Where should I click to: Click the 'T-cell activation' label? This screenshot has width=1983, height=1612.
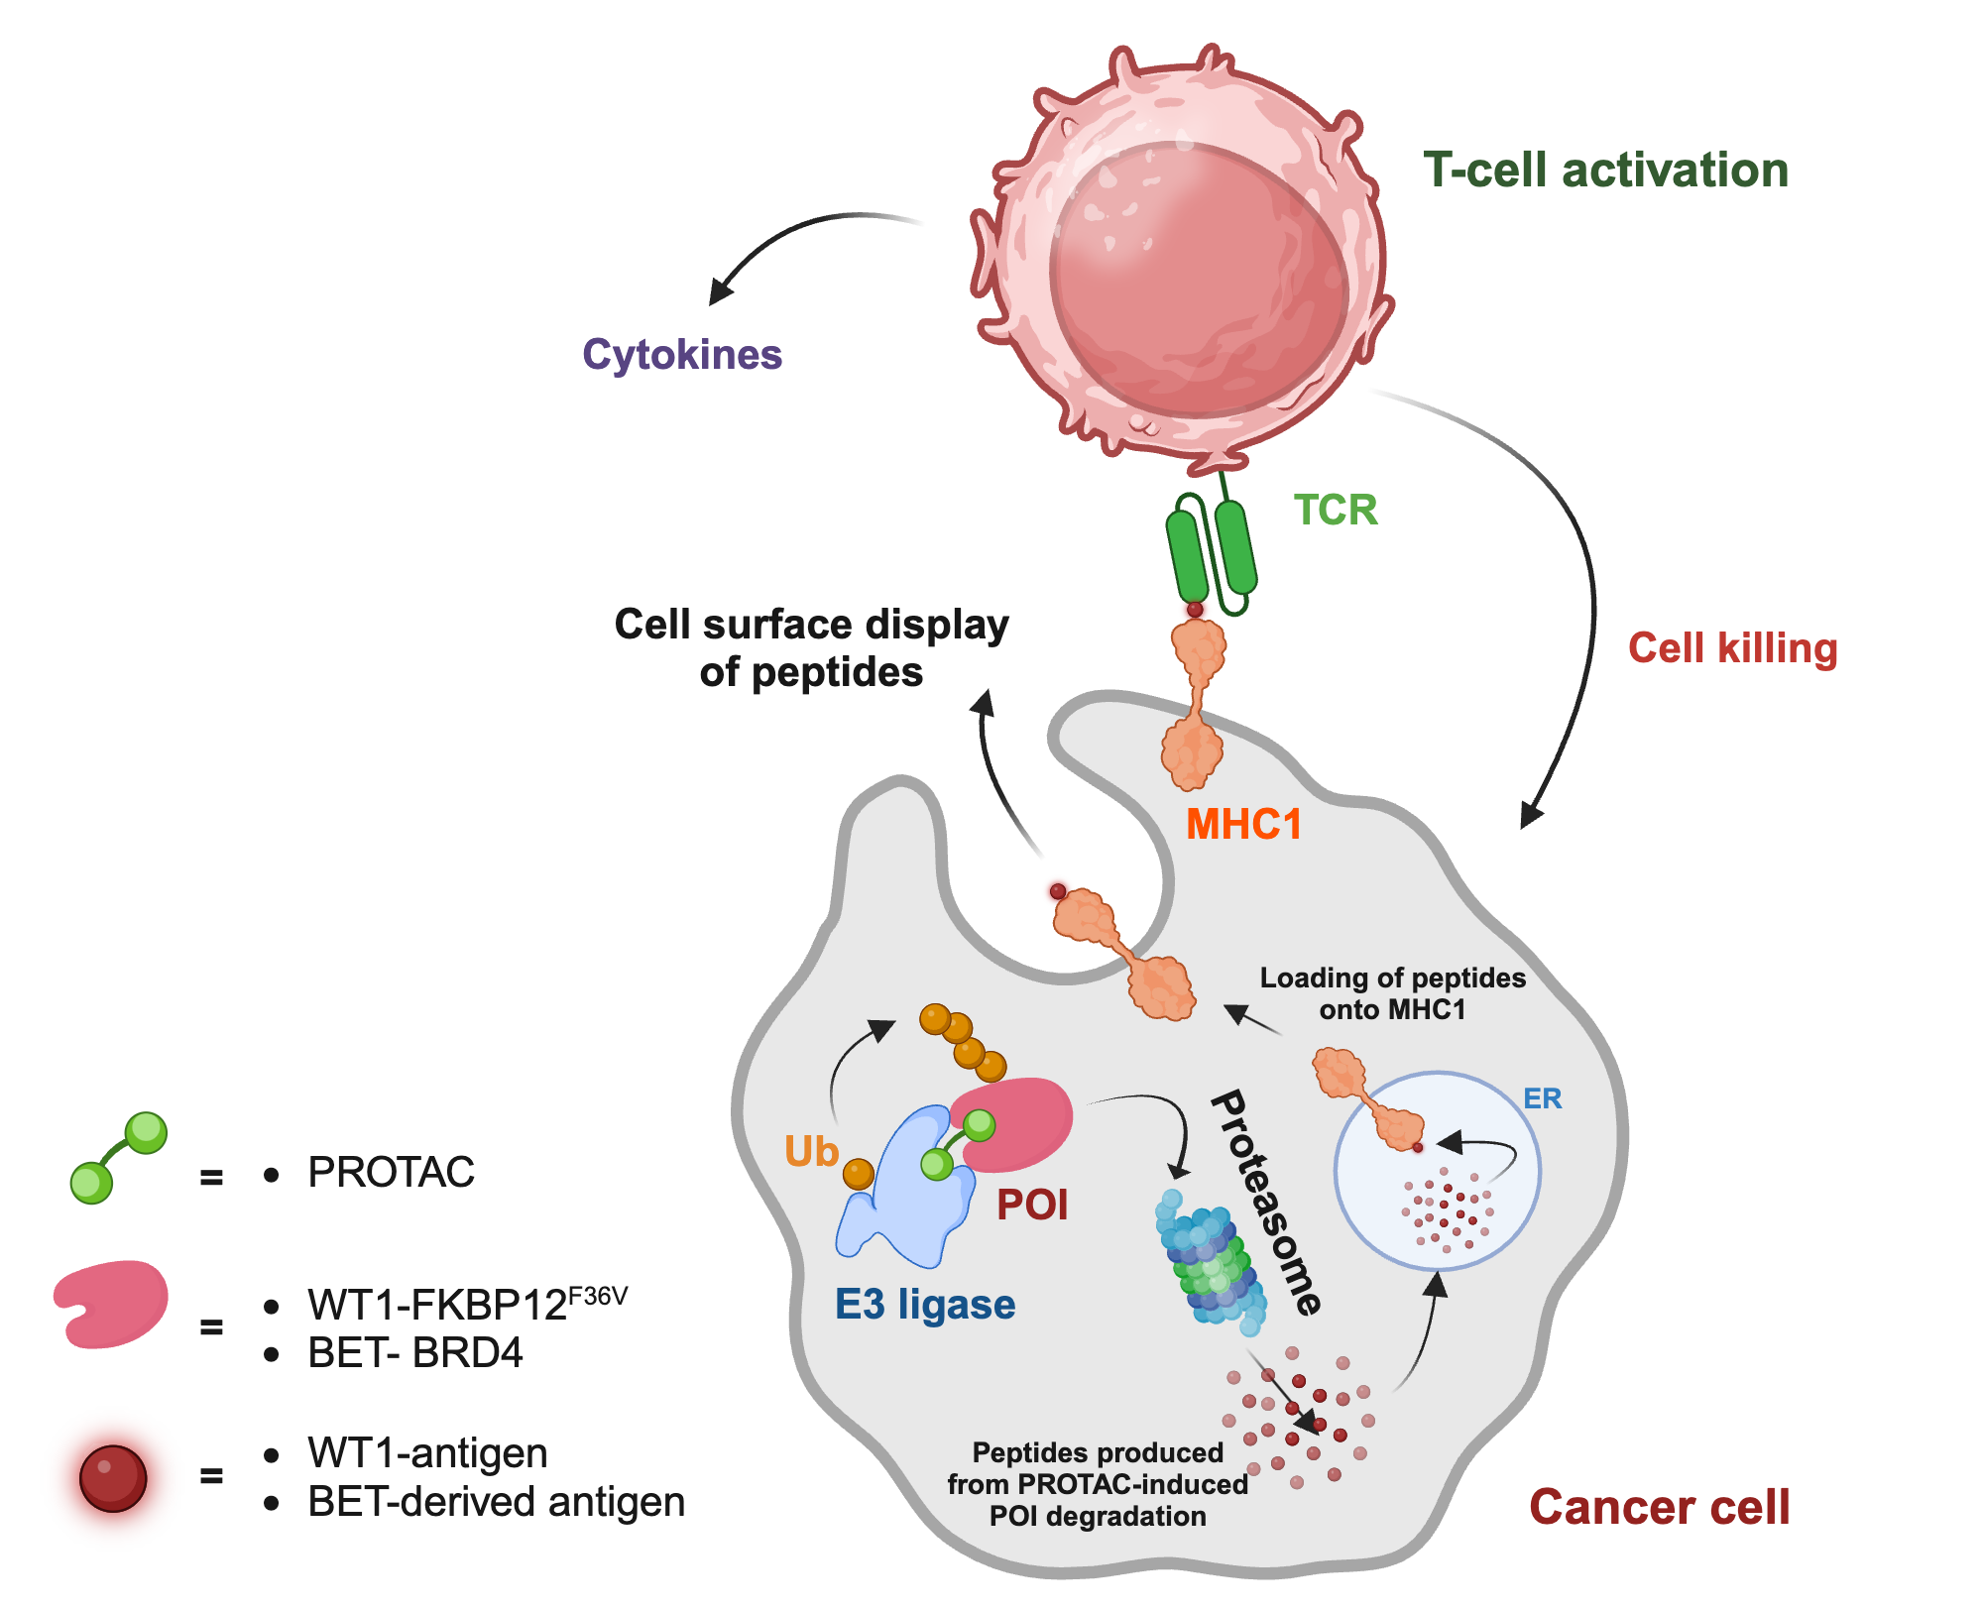coord(1605,171)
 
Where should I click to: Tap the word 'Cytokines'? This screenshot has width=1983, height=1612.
coord(682,355)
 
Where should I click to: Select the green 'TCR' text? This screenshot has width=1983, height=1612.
coord(1336,511)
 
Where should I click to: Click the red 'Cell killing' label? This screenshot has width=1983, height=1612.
coord(1732,648)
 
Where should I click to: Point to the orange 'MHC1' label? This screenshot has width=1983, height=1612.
coord(1243,825)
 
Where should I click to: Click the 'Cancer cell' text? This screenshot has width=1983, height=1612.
coord(1659,1507)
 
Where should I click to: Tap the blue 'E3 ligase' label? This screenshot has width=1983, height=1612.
coord(924,1305)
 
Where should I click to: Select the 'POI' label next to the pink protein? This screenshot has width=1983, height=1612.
coord(1032,1206)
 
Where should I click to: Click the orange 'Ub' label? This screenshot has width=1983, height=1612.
coord(811,1152)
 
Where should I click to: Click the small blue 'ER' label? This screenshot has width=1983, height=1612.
coord(1542,1098)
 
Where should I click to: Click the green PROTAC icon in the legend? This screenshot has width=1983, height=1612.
coord(118,1158)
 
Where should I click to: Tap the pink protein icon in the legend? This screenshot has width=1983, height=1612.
coord(111,1303)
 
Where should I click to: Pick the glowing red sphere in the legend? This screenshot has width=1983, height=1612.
coord(113,1478)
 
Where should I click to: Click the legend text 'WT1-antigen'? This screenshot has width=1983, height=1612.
coord(427,1453)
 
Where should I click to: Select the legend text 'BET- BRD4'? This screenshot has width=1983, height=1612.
coord(414,1353)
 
